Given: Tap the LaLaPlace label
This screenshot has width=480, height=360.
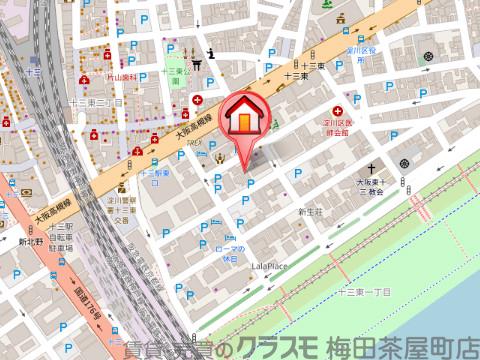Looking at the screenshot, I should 269,266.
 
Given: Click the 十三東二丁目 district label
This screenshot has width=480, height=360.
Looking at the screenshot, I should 96,103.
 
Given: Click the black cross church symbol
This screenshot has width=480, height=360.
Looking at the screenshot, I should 370,167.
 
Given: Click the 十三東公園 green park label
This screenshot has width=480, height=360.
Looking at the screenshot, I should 175,77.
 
